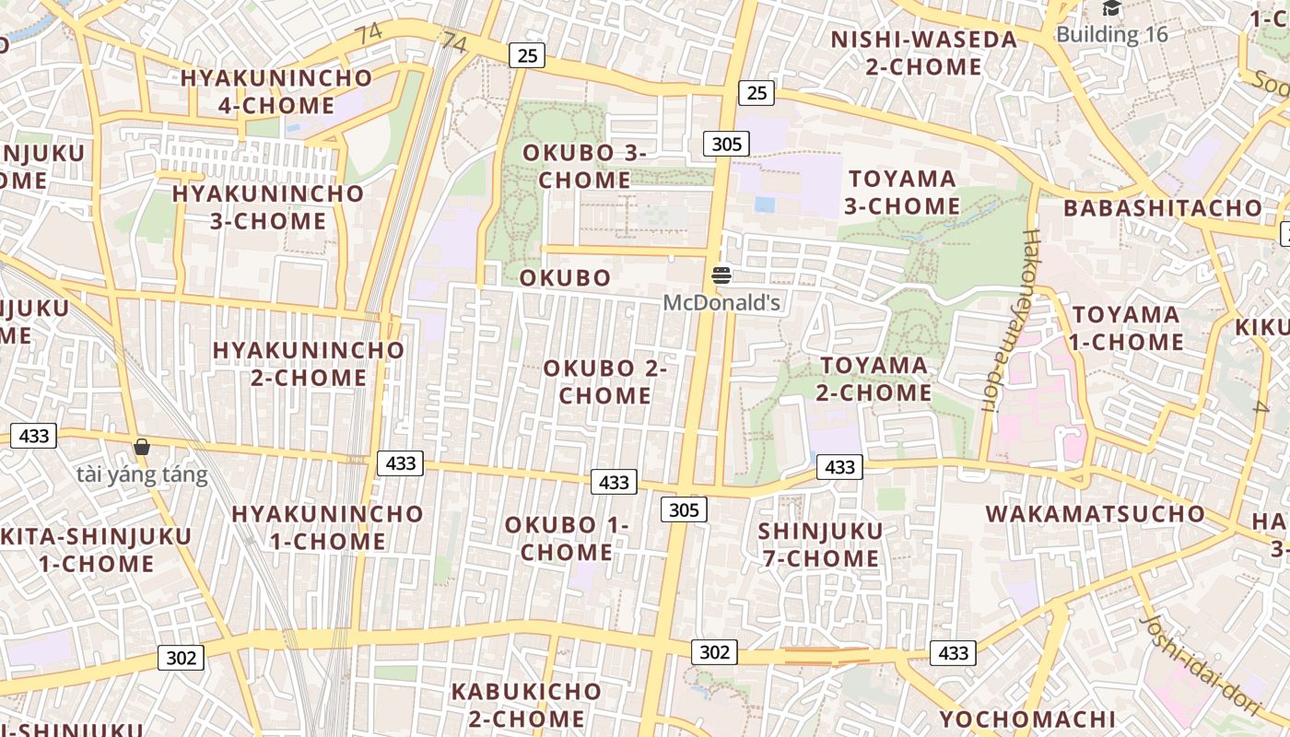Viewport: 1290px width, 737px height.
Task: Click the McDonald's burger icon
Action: [x=721, y=275]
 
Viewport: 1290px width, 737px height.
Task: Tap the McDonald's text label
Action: [x=721, y=302]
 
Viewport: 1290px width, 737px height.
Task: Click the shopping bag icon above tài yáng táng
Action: [x=142, y=448]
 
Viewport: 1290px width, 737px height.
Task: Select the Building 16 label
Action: [x=1111, y=35]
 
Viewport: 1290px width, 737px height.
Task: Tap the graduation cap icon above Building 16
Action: [x=1111, y=9]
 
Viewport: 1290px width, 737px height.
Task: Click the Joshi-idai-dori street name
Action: [x=1200, y=663]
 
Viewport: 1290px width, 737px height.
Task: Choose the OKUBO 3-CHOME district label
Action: [x=584, y=166]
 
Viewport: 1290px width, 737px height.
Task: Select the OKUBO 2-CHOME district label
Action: [x=604, y=381]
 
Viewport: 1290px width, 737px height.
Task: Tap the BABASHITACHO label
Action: [x=1162, y=207]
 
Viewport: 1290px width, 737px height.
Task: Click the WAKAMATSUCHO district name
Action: [x=1095, y=513]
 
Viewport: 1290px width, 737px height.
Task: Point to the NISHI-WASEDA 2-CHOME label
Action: [x=923, y=53]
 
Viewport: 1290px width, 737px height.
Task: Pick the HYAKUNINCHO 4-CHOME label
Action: [x=276, y=91]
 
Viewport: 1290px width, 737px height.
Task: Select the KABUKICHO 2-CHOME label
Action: [x=525, y=704]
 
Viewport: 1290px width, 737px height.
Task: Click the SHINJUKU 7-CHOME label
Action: [x=820, y=544]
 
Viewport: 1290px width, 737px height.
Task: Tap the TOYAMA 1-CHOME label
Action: [x=1126, y=328]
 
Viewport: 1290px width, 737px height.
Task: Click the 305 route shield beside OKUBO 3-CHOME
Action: [x=726, y=144]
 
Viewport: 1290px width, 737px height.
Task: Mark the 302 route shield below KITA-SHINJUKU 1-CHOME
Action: [x=182, y=657]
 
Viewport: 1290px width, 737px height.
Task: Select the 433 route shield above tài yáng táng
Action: [x=33, y=436]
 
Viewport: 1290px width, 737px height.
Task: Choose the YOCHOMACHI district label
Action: [x=1027, y=719]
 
